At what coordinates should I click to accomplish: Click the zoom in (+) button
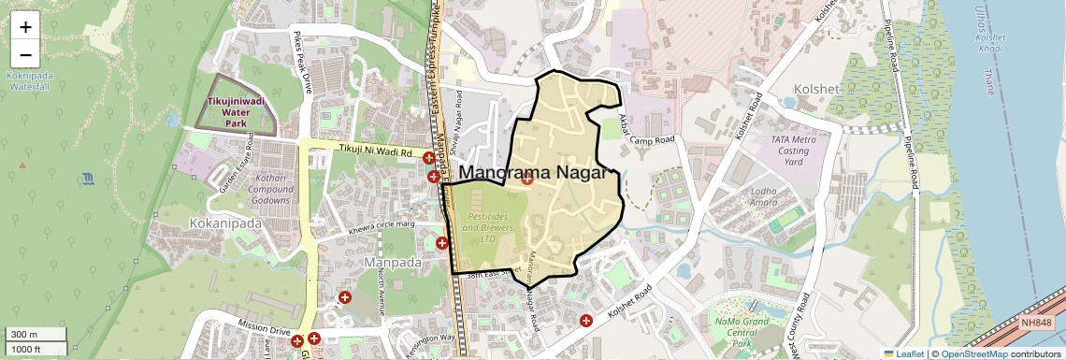[25, 27]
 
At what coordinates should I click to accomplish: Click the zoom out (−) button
[25, 54]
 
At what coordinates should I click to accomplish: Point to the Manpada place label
[393, 262]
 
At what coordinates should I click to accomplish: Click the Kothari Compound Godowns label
[258, 191]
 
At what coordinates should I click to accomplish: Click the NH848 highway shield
[1035, 323]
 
